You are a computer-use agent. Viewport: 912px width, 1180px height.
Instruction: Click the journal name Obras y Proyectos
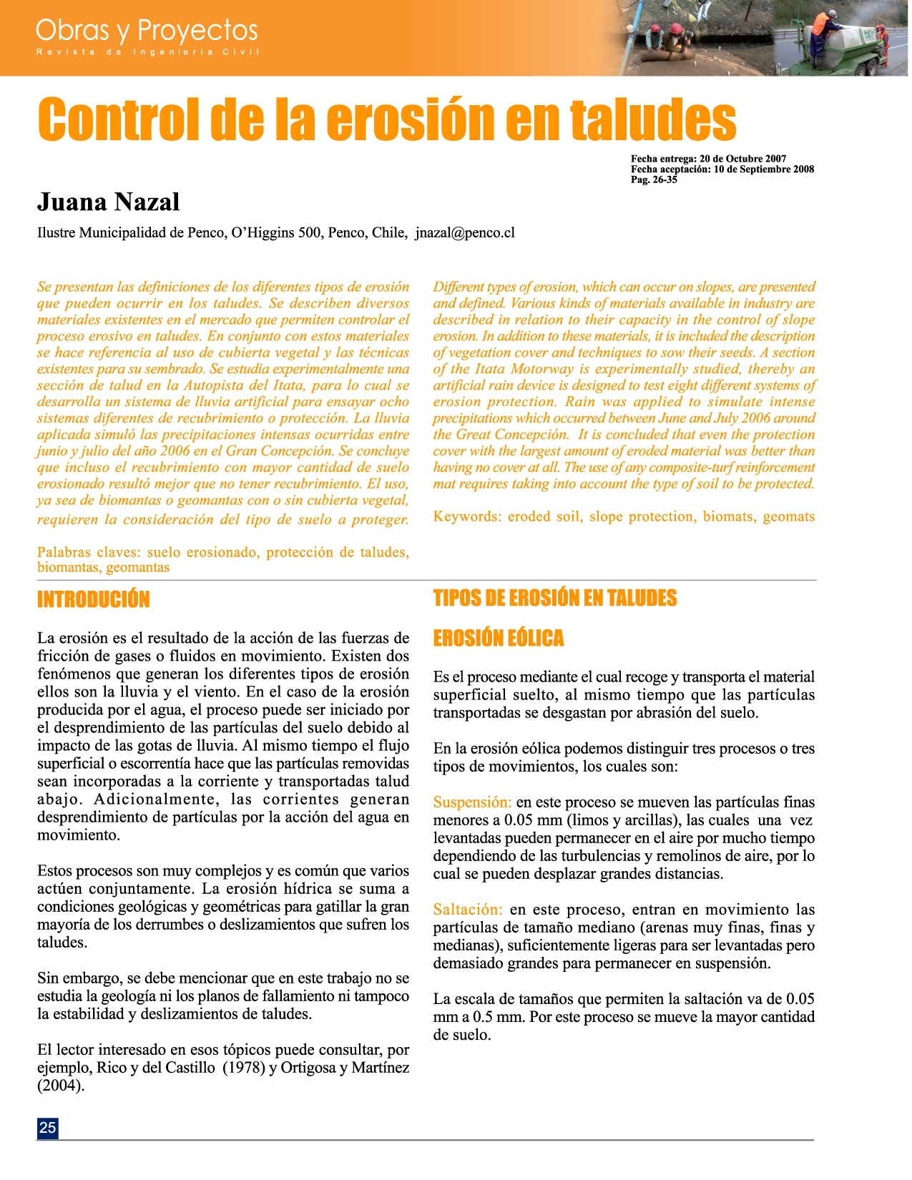pos(147,30)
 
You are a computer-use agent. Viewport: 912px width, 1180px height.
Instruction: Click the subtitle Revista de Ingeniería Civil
pos(148,52)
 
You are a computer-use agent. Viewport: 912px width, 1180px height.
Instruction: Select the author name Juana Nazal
pos(108,202)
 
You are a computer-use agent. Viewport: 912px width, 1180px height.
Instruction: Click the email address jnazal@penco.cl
pos(465,232)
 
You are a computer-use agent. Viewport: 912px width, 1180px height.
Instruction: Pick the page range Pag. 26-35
pos(654,180)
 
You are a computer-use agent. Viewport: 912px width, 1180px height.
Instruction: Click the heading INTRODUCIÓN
pos(93,599)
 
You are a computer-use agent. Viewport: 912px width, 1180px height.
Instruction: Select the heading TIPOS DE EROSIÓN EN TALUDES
pos(554,598)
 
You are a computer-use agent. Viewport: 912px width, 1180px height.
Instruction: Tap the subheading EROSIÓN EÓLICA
pos(498,638)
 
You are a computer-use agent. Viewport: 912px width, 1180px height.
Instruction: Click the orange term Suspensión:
pos(472,802)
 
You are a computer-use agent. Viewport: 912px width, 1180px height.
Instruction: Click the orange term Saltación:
pos(468,910)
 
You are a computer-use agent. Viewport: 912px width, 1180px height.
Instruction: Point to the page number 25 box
pos(47,1128)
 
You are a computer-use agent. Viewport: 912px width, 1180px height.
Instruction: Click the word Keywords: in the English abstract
pos(467,516)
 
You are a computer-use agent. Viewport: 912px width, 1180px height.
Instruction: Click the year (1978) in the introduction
pos(243,1068)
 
